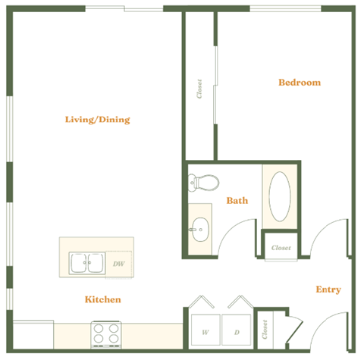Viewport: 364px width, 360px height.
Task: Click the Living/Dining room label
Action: pos(97,119)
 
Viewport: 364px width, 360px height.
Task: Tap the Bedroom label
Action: pos(299,83)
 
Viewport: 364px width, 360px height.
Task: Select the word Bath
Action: pos(237,201)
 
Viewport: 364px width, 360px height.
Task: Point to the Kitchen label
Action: pos(102,299)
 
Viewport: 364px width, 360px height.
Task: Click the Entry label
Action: pos(328,290)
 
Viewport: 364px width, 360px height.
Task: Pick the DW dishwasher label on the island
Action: pos(118,264)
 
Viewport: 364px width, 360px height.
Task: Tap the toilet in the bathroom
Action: pos(203,183)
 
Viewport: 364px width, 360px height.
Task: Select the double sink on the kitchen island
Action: pos(87,263)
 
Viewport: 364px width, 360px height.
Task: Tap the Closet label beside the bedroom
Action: pos(199,89)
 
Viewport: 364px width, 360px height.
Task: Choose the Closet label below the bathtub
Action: pos(281,248)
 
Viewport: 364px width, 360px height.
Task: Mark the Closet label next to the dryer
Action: pos(265,328)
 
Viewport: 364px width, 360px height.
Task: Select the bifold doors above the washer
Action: pos(204,302)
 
